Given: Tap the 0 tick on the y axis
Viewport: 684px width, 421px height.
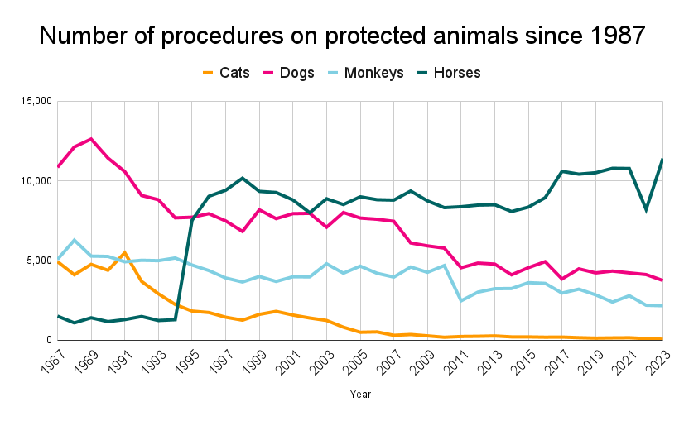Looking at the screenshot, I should tap(48, 340).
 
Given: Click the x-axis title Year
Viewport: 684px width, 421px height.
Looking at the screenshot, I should tap(360, 395).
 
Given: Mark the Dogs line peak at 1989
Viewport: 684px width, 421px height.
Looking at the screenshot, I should tap(92, 139).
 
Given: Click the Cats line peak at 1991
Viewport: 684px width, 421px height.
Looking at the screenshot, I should tap(125, 252).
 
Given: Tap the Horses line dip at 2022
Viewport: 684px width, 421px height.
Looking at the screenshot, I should tap(647, 210).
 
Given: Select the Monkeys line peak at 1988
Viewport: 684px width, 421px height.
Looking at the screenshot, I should tap(75, 240).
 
